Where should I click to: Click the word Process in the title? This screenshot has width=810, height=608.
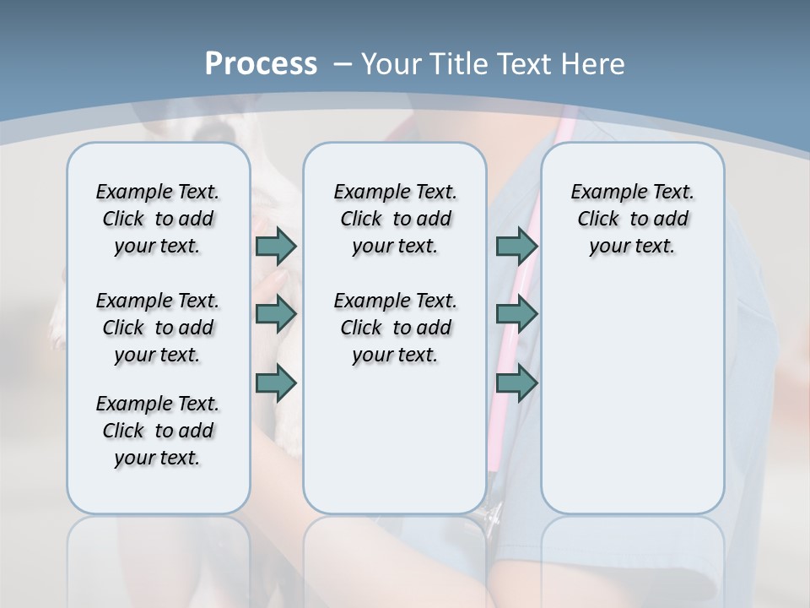261,63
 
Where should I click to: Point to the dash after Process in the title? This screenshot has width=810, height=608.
343,64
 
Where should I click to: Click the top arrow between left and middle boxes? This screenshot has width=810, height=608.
276,246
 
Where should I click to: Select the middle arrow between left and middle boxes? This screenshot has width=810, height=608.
276,314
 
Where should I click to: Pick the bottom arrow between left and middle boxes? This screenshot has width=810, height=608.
276,383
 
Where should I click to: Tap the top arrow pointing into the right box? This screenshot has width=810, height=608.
516,246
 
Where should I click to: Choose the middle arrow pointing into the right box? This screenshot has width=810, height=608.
516,314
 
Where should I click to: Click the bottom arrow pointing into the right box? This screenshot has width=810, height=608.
516,383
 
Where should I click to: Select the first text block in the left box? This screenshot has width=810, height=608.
158,219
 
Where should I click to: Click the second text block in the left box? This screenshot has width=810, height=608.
158,328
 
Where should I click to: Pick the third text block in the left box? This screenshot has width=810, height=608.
158,431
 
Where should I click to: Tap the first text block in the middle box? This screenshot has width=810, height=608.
395,219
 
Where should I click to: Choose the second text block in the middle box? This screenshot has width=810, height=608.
395,328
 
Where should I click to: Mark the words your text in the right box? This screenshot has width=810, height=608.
632,246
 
